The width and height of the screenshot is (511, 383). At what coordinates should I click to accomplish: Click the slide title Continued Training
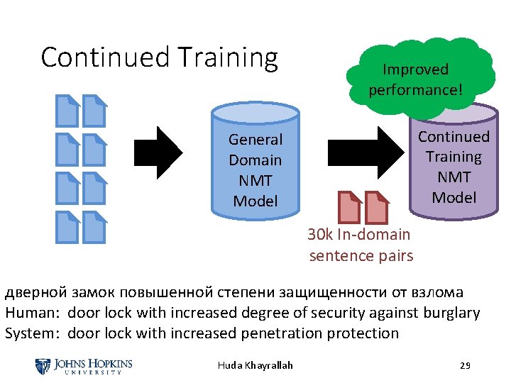tap(159, 57)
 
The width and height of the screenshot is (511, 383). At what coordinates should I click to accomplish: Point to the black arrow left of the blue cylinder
tap(160, 151)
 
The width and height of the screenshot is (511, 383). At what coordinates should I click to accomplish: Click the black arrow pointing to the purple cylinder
tap(362, 151)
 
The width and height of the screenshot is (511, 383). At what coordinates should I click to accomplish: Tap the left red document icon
tap(349, 207)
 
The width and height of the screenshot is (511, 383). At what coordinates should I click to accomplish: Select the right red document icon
tap(377, 207)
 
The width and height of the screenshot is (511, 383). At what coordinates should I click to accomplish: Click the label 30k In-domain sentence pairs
tap(361, 245)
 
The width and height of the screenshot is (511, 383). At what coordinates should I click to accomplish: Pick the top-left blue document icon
tap(69, 110)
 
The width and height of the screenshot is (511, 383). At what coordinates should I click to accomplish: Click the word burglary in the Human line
tap(451, 313)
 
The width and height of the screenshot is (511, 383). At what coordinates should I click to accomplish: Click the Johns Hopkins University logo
tap(84, 366)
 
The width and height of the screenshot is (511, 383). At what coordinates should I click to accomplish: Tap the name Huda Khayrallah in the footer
tap(255, 366)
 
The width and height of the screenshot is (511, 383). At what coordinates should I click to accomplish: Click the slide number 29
tap(466, 366)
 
